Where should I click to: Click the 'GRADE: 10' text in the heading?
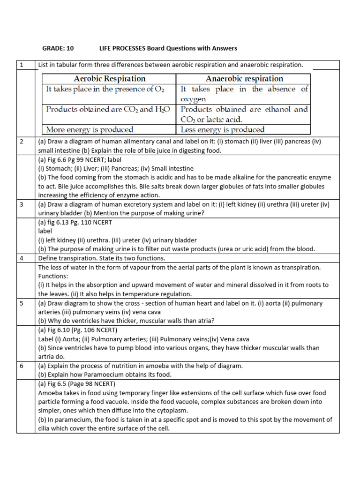[58, 48]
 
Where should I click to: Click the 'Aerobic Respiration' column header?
[110, 79]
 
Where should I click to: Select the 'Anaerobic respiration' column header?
[244, 79]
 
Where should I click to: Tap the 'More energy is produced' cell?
[90, 129]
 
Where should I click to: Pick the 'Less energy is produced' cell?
[223, 129]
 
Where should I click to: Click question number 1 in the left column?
[21, 65]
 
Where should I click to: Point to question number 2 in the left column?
[21, 141]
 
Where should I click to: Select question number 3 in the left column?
[21, 204]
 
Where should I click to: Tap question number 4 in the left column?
[21, 258]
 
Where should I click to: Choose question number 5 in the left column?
[21, 303]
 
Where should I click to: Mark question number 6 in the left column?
[21, 366]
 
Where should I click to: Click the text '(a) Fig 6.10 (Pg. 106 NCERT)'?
[78, 330]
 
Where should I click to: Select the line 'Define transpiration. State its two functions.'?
[101, 258]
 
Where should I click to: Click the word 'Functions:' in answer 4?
[53, 276]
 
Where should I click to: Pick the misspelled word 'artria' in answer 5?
[46, 356]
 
